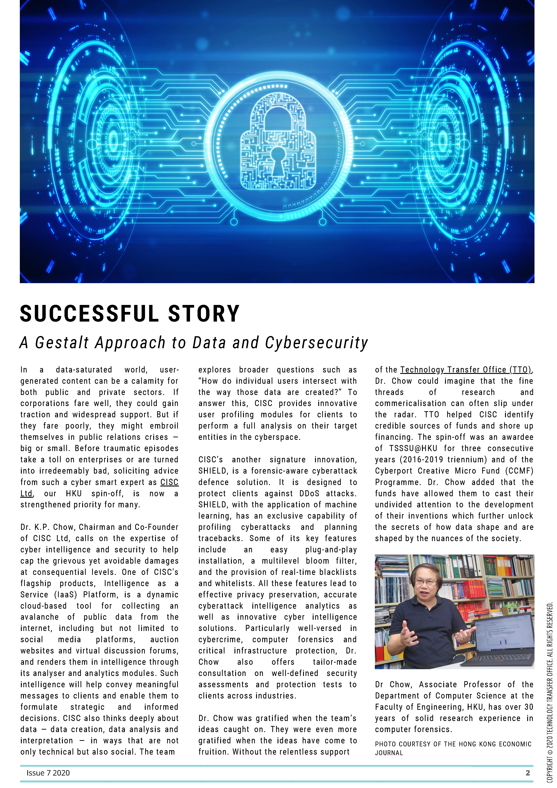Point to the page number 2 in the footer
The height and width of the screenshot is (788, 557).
[528, 773]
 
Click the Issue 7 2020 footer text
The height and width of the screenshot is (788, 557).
[48, 773]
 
